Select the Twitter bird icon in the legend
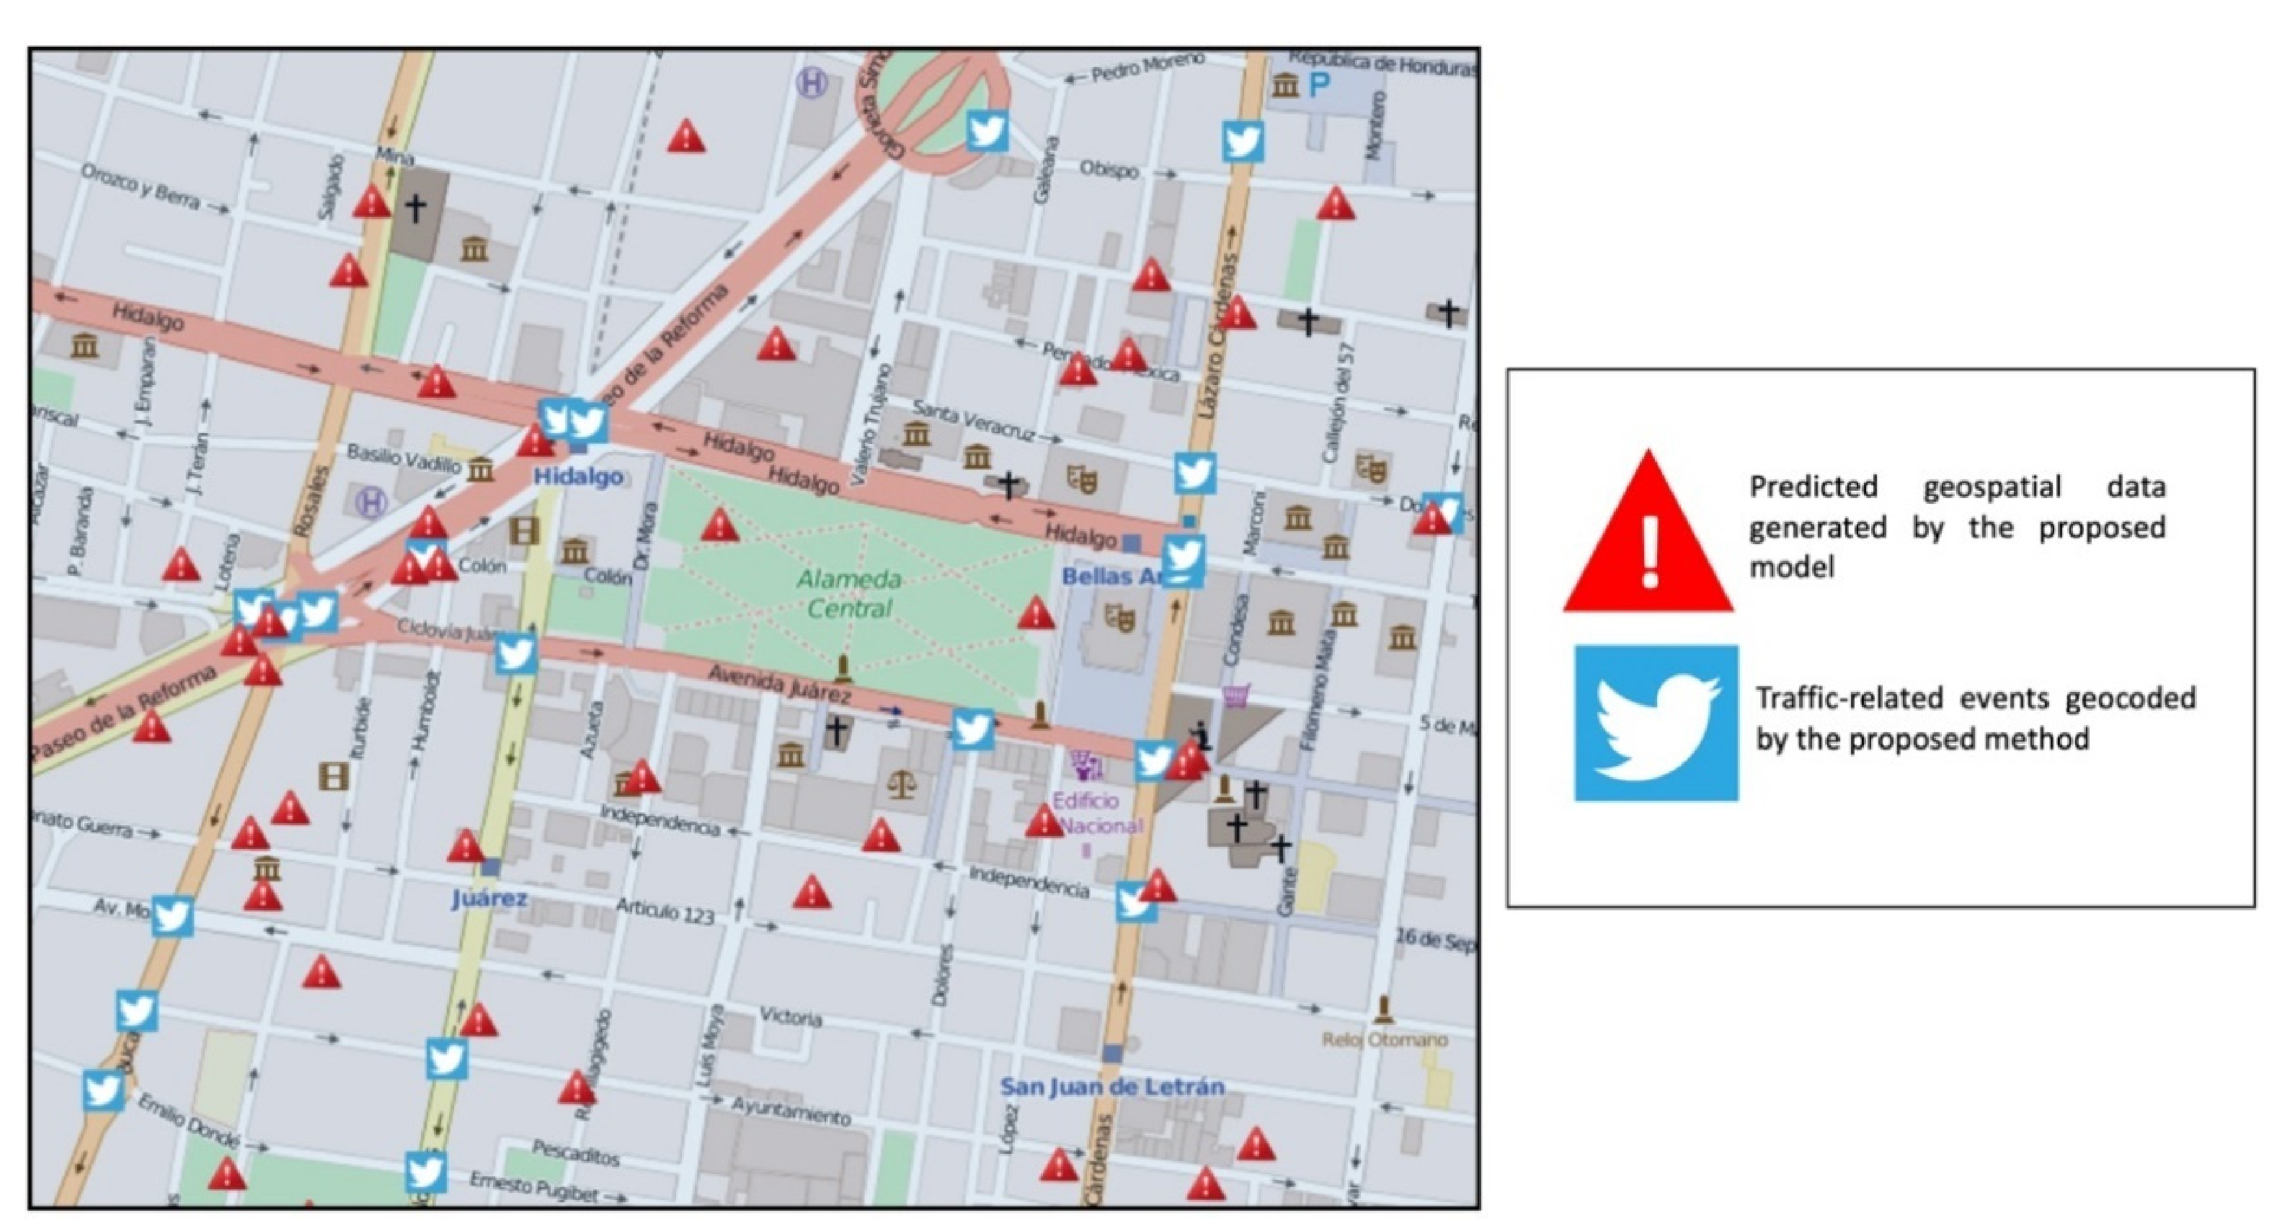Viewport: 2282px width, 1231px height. (1656, 723)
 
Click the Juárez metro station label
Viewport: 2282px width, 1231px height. (489, 899)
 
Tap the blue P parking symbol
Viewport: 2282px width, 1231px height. (1320, 86)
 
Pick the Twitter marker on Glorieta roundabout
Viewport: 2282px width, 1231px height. (987, 131)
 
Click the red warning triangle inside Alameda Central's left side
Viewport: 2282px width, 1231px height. (719, 526)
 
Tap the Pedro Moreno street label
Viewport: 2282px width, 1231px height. (1147, 67)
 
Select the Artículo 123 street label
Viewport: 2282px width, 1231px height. (665, 910)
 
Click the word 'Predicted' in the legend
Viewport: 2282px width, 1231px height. (1813, 487)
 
